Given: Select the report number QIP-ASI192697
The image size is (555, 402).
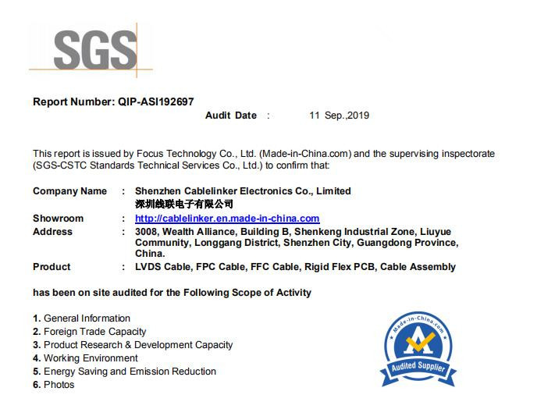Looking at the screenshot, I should (x=156, y=101).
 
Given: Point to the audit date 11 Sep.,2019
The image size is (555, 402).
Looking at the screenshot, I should (x=339, y=116).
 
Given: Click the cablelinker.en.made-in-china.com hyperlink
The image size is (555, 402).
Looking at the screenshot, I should (x=227, y=219).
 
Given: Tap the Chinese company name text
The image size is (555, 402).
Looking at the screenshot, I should (x=184, y=204).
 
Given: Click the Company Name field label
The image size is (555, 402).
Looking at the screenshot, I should (x=70, y=191).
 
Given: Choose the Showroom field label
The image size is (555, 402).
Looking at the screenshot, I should (x=59, y=219).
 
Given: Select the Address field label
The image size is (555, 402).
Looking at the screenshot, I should (x=52, y=232).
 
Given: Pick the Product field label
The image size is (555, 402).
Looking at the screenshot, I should (x=52, y=267).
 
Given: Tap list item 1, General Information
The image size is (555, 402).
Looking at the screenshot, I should (x=82, y=318).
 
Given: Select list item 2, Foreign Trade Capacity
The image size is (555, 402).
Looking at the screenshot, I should (x=90, y=332).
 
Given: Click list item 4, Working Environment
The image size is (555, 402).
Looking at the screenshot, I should (x=86, y=358).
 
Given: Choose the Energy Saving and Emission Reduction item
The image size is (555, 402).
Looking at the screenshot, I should (x=125, y=372).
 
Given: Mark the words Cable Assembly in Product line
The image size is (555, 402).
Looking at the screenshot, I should (x=418, y=267).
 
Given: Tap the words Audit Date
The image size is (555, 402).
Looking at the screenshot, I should (x=231, y=116).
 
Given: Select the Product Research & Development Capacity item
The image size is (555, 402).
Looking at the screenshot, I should (x=133, y=345).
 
